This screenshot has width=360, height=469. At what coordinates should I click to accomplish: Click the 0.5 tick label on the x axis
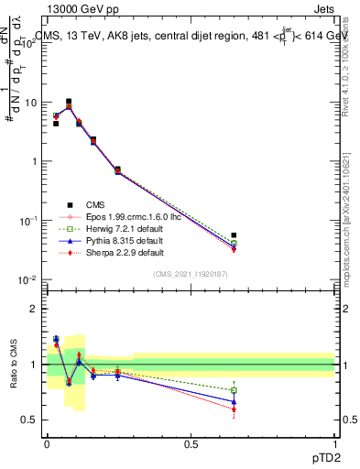191,443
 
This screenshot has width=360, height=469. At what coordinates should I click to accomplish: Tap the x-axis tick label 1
334,443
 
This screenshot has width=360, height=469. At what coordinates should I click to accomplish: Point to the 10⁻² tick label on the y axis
30,279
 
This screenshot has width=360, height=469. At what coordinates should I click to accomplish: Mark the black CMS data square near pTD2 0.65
234,235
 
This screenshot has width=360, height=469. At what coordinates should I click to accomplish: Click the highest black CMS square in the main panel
70,102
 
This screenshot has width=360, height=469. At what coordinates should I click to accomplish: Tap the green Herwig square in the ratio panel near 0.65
234,390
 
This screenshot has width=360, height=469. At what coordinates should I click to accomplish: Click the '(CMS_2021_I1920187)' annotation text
191,275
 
